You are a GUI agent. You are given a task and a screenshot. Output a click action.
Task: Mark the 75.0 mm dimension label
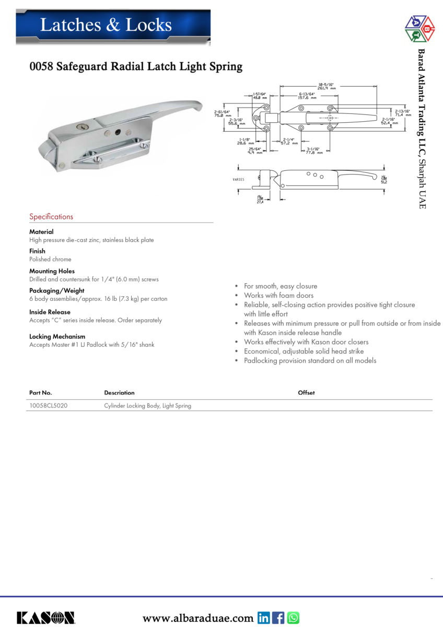223,115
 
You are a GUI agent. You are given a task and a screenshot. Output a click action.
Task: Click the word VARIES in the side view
238,179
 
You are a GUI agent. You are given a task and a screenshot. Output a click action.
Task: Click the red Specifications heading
51,216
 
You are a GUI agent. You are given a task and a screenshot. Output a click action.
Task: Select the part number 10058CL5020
48,405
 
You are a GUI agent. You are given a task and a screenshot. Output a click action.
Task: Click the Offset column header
306,392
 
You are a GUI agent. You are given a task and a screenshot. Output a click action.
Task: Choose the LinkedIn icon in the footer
264,618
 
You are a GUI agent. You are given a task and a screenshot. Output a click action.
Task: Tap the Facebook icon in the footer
278,618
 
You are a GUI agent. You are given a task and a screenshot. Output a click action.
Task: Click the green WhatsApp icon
293,618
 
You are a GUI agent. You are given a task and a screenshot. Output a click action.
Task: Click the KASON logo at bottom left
45,618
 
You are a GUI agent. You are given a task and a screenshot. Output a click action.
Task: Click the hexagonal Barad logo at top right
420,29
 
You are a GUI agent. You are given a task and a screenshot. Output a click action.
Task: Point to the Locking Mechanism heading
57,336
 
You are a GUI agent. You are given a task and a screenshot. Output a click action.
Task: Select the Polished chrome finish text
50,259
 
